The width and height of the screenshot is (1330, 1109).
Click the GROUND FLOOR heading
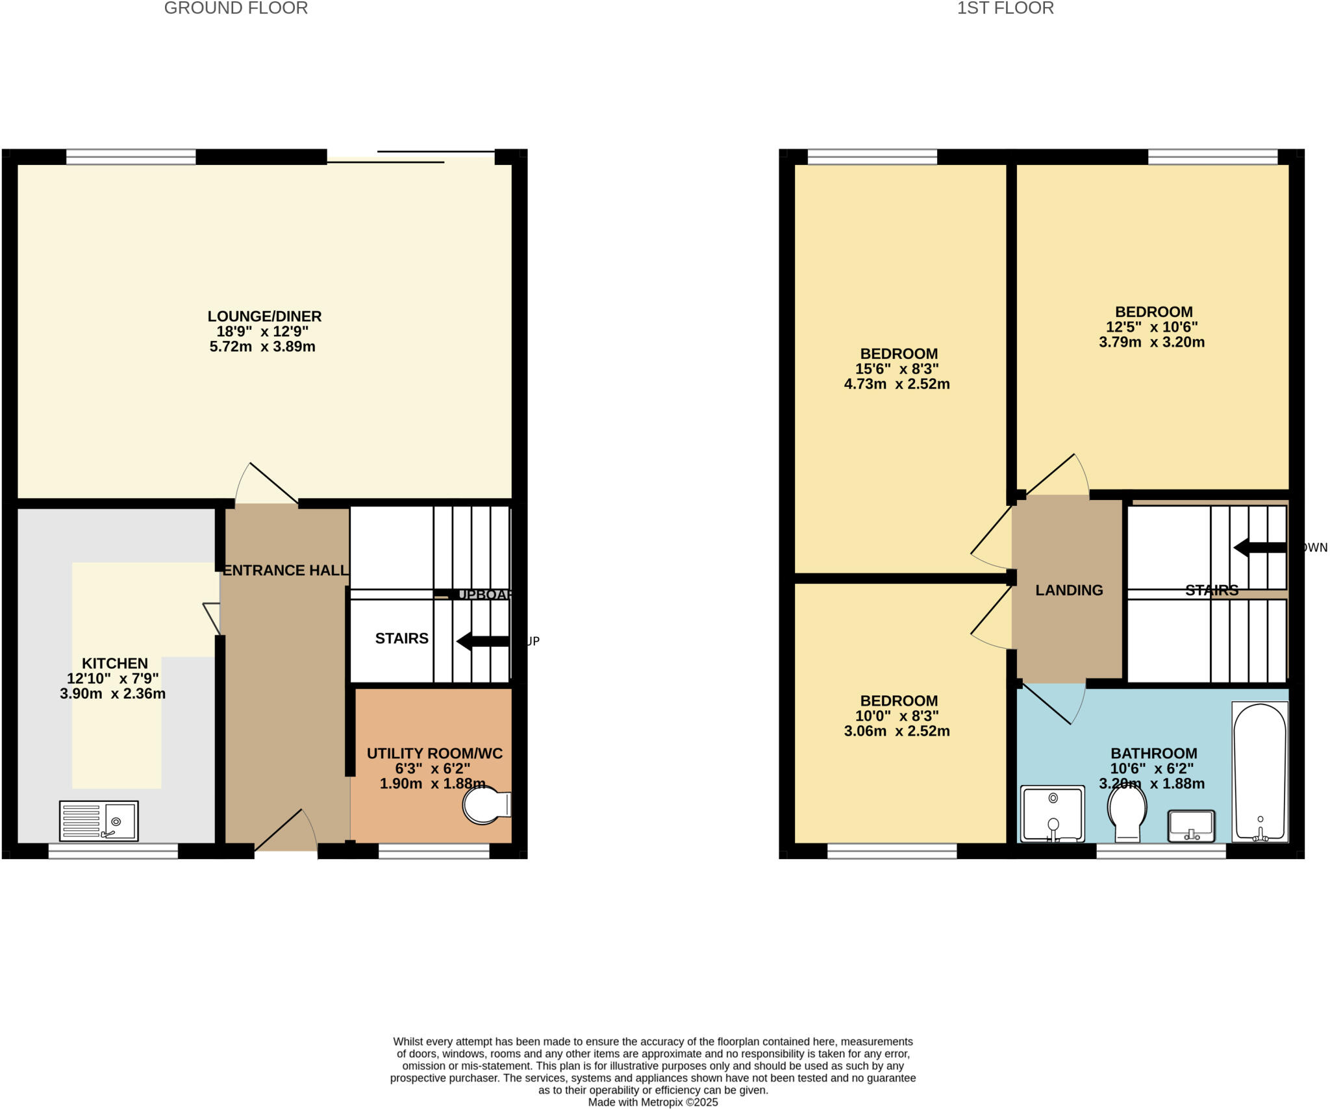(x=236, y=8)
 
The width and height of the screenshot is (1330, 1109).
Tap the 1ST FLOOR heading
(x=1005, y=8)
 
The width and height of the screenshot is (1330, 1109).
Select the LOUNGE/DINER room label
(x=264, y=316)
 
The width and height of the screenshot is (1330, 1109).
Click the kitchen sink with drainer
(x=99, y=821)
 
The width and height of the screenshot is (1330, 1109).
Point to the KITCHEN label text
(x=115, y=663)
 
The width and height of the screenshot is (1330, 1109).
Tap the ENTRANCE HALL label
(x=285, y=570)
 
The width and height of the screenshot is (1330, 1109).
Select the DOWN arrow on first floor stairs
(x=1259, y=547)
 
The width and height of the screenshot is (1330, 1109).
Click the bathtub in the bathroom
(x=1260, y=772)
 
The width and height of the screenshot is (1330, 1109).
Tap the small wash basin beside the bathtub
(x=1191, y=825)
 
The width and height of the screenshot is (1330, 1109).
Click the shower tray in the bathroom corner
(x=1053, y=814)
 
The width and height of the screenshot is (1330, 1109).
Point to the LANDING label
(x=1069, y=590)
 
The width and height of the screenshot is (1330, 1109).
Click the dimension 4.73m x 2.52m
(x=897, y=384)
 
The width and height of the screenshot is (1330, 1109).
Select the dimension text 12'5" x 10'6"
(x=1152, y=327)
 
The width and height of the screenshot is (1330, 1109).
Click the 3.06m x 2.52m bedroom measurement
(x=897, y=731)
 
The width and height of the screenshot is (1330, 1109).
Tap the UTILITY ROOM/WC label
(x=434, y=753)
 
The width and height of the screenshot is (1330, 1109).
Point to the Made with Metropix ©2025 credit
(x=653, y=1102)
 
